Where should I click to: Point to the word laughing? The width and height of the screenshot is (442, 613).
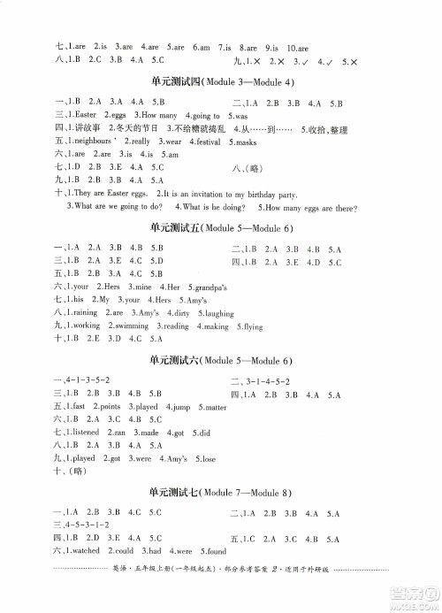click(x=217, y=313)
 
